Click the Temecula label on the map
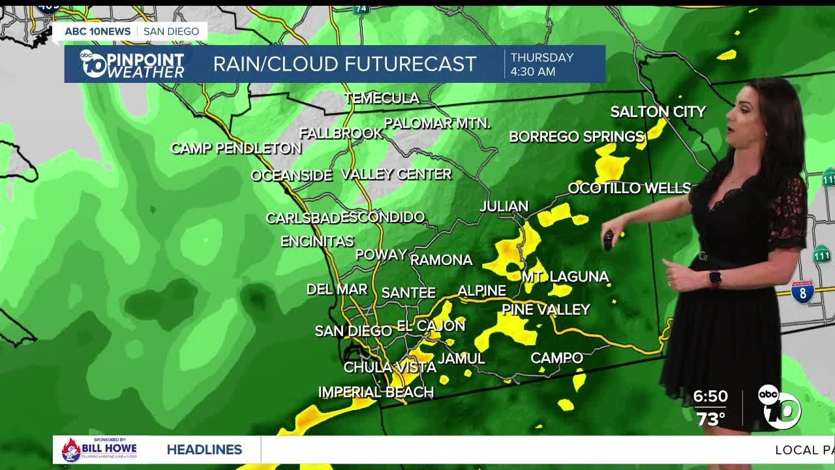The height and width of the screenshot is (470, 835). [382, 99]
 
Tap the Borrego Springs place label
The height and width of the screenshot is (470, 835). [577, 137]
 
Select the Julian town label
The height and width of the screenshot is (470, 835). [504, 207]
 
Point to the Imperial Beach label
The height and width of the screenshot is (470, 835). [376, 392]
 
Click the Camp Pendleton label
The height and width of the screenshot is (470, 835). [235, 149]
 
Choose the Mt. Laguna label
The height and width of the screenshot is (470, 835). [565, 277]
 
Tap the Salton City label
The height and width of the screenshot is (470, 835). [658, 112]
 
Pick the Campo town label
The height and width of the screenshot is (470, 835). [556, 358]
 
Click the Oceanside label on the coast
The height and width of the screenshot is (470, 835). [292, 176]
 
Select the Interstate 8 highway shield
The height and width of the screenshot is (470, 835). [802, 291]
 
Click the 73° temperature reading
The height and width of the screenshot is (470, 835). [710, 419]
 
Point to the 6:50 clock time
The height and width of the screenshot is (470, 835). [710, 397]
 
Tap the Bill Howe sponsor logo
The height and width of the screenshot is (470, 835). [99, 450]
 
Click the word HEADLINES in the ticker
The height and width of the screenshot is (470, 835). [204, 450]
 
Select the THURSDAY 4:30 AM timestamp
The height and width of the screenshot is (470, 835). [541, 64]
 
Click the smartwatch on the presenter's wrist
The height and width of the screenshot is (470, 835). [715, 278]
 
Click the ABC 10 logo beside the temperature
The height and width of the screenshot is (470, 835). [780, 407]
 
